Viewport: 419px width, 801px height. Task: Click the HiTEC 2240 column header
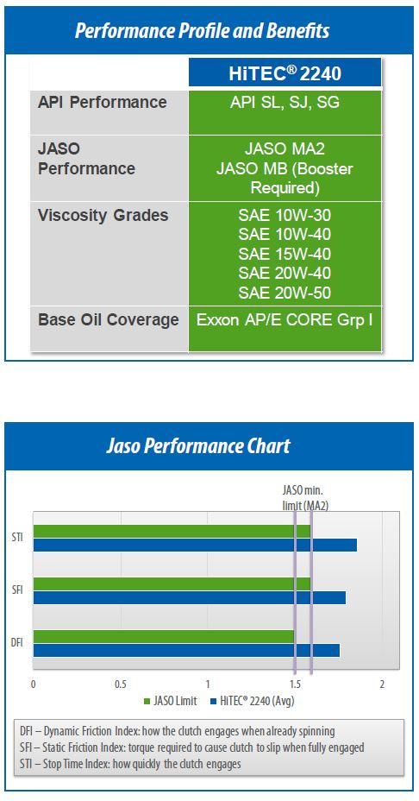coord(285,74)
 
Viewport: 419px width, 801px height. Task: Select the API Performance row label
coord(102,102)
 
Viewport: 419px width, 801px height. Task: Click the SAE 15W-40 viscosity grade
coord(285,254)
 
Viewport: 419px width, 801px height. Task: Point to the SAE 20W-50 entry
coord(285,293)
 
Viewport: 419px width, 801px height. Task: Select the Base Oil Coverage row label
coord(109,320)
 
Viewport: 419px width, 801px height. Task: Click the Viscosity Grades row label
coord(103,216)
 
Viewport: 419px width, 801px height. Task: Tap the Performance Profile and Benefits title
coord(202,31)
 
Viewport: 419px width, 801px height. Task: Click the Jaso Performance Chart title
coord(198,446)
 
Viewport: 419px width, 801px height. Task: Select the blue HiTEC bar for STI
coord(195,545)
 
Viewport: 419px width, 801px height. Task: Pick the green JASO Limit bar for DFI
coord(164,636)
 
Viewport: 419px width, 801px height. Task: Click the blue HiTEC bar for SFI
coord(190,597)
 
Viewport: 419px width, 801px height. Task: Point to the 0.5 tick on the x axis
coord(121,684)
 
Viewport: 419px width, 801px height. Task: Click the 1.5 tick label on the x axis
coord(295,684)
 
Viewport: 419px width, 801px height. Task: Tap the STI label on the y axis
coord(17,538)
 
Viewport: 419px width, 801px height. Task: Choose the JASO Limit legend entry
coord(171,701)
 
